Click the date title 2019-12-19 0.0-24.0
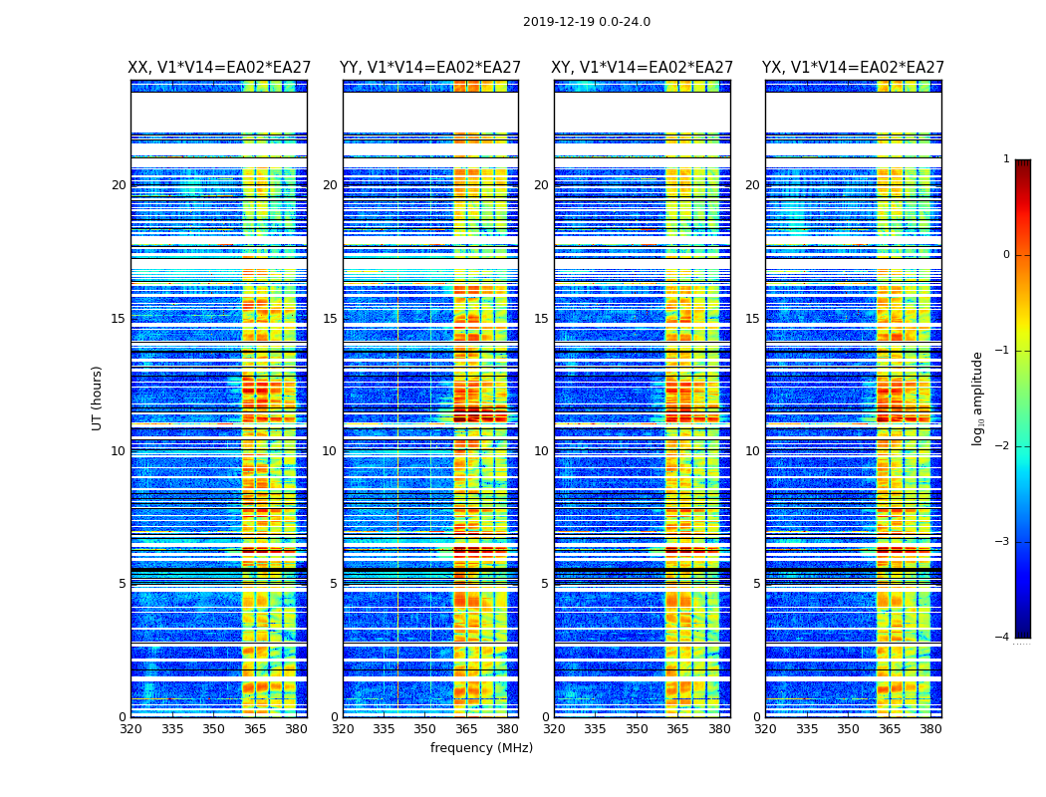[586, 22]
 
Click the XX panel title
[219, 68]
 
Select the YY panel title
[430, 68]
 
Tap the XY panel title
[643, 68]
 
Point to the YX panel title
[854, 68]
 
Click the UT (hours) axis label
[98, 398]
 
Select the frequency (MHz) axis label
[481, 748]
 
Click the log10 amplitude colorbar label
[978, 398]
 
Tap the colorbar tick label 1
[1006, 159]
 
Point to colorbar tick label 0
[1006, 255]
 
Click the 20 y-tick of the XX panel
[119, 185]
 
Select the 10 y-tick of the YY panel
[330, 451]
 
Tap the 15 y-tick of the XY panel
[541, 319]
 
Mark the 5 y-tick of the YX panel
[756, 584]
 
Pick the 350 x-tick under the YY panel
[425, 728]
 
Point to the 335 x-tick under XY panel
[596, 728]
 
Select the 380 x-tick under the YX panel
[930, 728]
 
